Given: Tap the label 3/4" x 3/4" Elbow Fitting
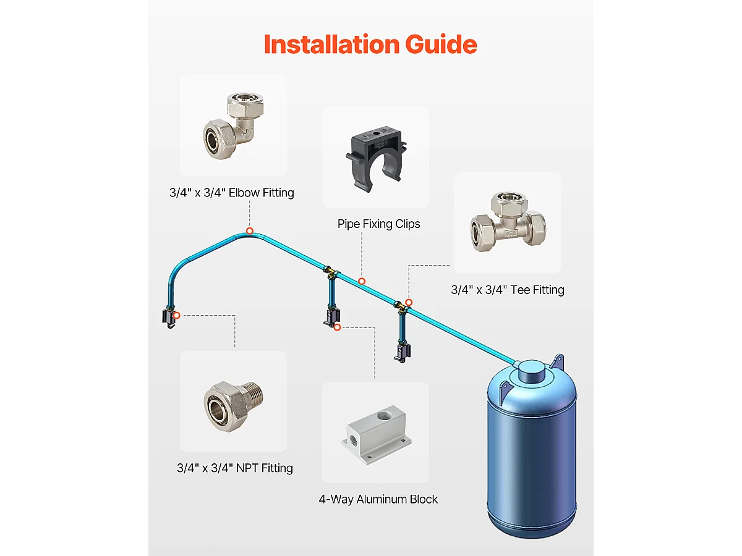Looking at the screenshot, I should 232,193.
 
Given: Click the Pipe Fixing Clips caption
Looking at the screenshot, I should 378,224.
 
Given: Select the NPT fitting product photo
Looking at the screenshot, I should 233,401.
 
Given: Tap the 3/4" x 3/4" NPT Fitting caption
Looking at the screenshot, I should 235,468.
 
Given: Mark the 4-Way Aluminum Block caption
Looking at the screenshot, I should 378,499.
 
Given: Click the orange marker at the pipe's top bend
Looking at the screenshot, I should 249,231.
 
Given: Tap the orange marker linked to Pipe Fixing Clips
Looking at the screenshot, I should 362,281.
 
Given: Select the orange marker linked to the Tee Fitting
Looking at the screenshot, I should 409,302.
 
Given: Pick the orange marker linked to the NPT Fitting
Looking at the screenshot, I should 177,315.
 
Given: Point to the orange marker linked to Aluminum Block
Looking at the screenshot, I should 337,327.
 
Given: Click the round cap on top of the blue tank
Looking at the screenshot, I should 532,371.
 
